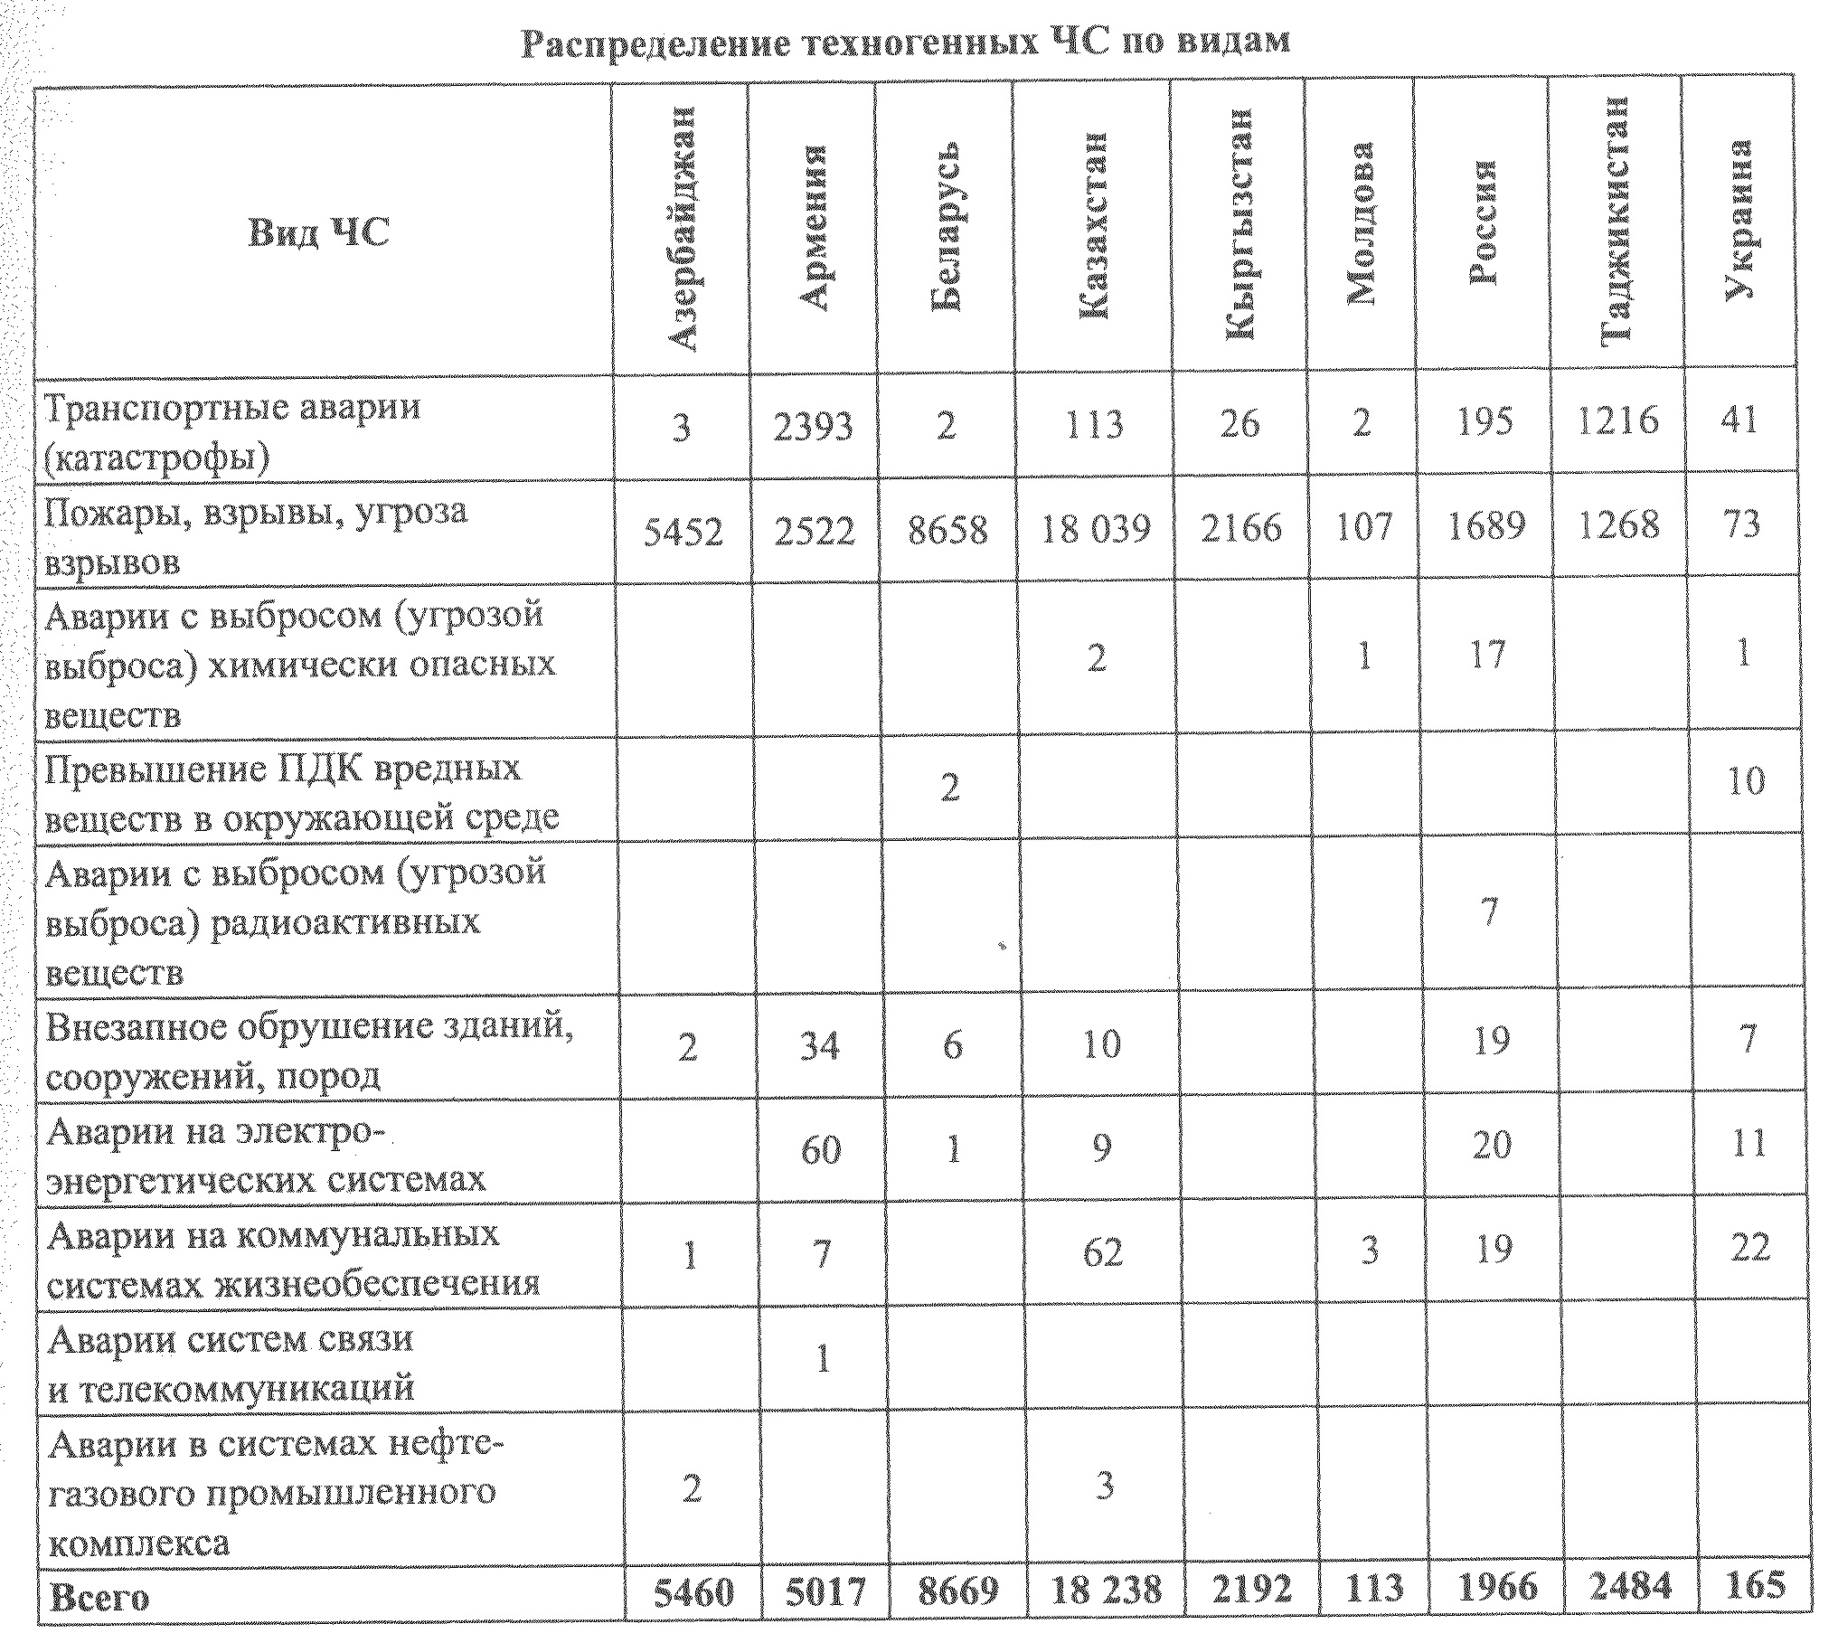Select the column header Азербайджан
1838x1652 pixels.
(x=681, y=229)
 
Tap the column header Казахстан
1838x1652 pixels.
(x=1093, y=227)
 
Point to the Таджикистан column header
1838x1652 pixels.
(x=1616, y=220)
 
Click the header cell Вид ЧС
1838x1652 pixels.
(x=318, y=232)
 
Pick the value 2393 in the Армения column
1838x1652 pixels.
(x=813, y=425)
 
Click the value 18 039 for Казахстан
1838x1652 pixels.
(x=1095, y=528)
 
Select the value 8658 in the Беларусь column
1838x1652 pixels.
(x=947, y=530)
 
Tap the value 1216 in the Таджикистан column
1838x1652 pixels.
(x=1617, y=420)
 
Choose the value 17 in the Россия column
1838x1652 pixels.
(x=1486, y=655)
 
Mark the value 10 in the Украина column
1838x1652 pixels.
(x=1745, y=780)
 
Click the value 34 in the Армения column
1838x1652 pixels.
(x=819, y=1045)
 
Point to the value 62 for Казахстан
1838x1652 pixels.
(x=1102, y=1252)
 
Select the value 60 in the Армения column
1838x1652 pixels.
(x=820, y=1149)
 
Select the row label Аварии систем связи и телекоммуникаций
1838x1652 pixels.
(x=231, y=1364)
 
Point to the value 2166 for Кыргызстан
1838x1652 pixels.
(x=1240, y=527)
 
